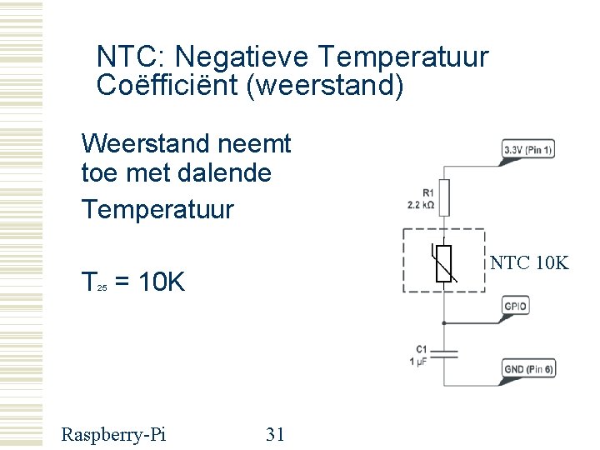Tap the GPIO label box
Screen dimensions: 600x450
coord(515,307)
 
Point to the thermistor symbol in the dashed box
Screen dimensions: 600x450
coord(444,263)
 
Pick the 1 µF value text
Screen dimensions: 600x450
coord(418,362)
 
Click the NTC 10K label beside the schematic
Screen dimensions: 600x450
coord(529,263)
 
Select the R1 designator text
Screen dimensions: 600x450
coord(427,193)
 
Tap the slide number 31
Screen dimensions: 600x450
coord(275,433)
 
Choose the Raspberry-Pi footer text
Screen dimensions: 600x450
coord(113,433)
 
